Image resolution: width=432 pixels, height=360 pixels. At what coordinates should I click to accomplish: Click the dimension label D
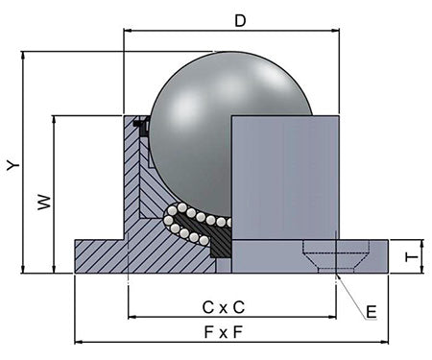click(240, 21)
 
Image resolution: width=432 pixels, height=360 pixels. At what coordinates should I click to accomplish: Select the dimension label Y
click(13, 166)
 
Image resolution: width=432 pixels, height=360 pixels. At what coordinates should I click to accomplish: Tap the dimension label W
click(44, 202)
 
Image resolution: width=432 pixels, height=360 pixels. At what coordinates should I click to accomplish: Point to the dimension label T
click(411, 257)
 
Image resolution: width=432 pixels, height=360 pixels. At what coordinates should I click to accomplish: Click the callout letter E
click(372, 312)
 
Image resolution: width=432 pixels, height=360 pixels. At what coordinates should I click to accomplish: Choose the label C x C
click(224, 307)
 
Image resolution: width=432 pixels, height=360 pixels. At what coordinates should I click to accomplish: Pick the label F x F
click(224, 332)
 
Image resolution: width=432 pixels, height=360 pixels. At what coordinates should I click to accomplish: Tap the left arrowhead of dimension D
click(128, 31)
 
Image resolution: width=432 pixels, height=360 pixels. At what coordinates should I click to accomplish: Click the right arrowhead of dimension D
click(335, 31)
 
